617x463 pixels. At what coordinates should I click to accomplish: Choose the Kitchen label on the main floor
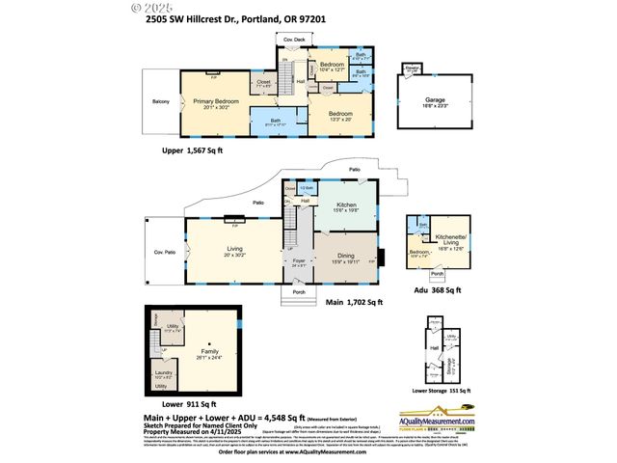click(x=345, y=205)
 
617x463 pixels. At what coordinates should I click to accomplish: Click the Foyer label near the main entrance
click(x=299, y=260)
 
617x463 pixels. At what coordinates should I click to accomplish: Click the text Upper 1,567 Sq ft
click(x=193, y=152)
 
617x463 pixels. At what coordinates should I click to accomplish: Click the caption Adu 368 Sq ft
click(x=434, y=289)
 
